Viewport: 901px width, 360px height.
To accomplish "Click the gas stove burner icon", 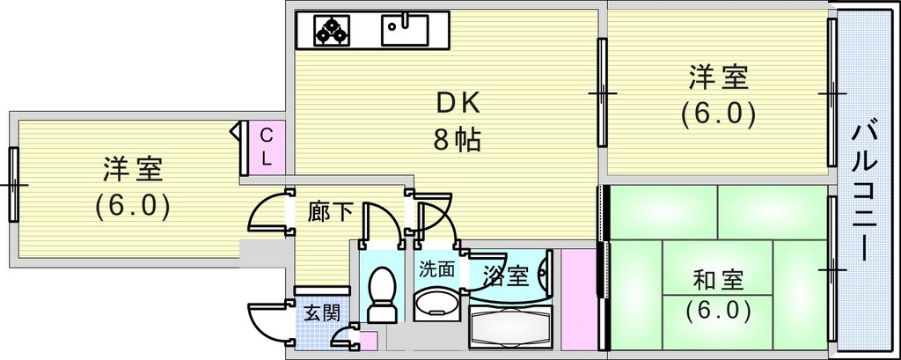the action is click(x=332, y=31).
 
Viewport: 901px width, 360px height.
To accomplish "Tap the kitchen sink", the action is click(x=405, y=31).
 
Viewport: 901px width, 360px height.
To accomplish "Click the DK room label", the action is click(x=458, y=105).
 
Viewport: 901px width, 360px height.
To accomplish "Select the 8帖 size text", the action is click(x=457, y=140).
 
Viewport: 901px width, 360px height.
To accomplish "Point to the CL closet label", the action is click(x=267, y=148).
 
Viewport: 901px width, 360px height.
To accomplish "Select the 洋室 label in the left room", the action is click(x=133, y=168).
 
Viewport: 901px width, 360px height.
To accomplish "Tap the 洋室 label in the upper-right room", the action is click(x=718, y=78).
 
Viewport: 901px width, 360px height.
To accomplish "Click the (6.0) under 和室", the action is click(x=718, y=311).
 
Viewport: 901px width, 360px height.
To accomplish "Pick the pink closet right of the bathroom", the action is click(x=579, y=299).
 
